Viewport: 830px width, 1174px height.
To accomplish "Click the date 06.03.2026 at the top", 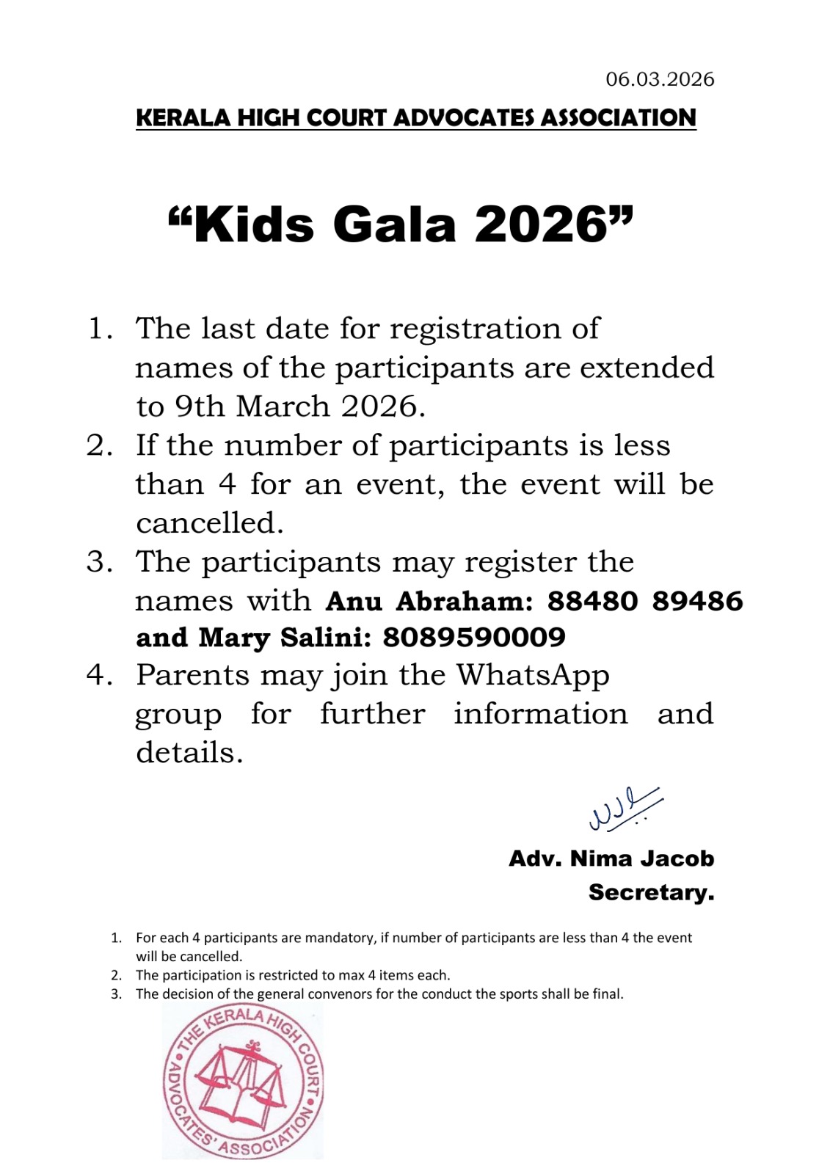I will pos(660,79).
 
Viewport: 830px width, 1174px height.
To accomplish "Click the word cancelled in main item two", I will pos(208,523).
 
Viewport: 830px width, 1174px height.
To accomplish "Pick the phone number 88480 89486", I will pos(645,601).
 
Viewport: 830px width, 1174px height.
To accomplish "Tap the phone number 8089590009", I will pos(474,638).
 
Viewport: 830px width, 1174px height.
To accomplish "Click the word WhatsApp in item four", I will pos(533,675).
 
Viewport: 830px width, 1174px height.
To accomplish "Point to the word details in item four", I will pos(189,753).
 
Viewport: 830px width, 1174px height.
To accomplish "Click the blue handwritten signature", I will pos(623,809).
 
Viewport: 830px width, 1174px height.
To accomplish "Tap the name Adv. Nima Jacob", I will pos(611,858).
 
